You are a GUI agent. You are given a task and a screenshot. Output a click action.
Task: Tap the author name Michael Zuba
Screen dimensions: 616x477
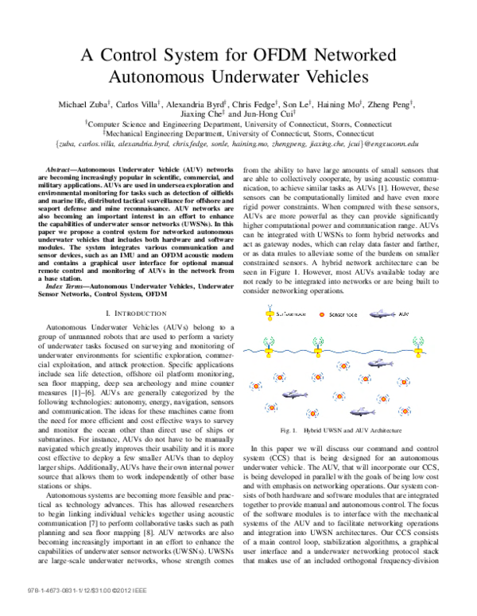click(88, 104)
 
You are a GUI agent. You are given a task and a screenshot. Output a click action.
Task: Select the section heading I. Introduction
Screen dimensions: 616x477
click(132, 292)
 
